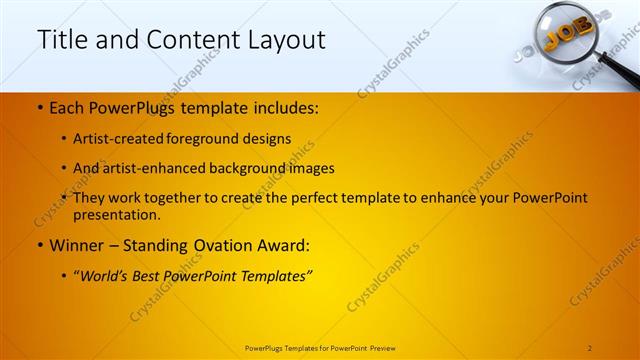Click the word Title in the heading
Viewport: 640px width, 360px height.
point(63,40)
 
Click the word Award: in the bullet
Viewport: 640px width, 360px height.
point(283,243)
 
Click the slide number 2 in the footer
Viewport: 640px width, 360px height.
point(590,347)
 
